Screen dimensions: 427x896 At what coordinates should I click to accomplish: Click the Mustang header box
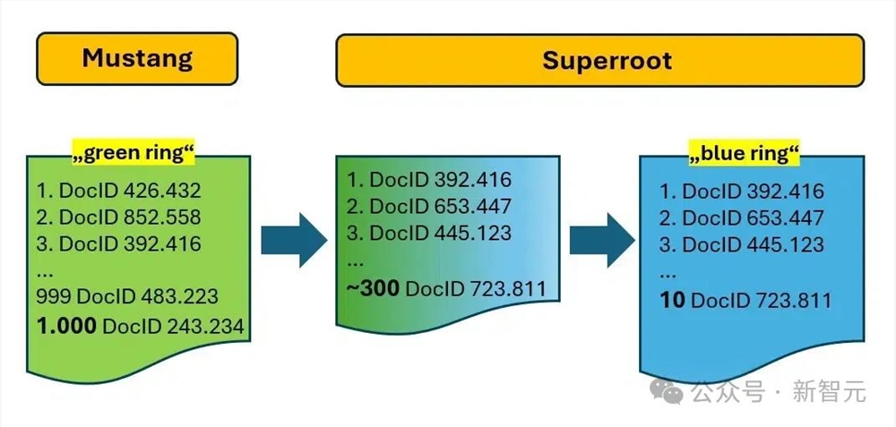(136, 60)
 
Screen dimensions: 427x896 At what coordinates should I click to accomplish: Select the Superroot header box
(600, 60)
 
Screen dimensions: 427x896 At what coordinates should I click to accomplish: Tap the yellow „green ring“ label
(134, 154)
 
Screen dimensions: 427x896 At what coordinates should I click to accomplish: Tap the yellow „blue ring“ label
(744, 154)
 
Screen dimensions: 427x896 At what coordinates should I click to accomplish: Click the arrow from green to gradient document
(293, 240)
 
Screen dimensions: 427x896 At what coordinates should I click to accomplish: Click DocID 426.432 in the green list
(130, 190)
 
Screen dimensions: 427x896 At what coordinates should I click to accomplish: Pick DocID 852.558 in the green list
(130, 217)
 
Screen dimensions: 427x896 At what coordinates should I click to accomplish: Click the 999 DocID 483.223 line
(127, 296)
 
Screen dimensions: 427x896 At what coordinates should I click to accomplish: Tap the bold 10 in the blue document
(672, 300)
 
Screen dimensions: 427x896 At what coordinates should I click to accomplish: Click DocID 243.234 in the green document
(173, 327)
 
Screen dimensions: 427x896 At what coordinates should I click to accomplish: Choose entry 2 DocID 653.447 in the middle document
(429, 207)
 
